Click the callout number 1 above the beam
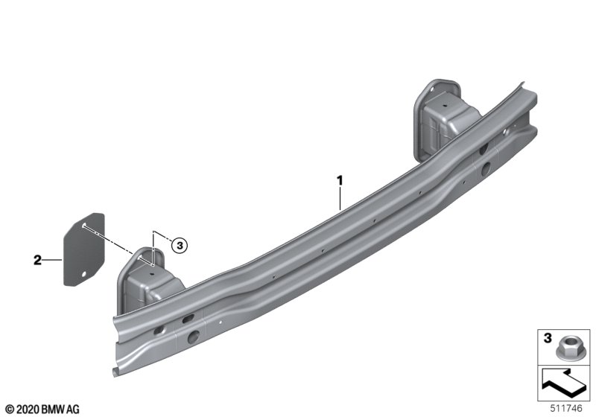(340, 180)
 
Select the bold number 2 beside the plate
(37, 260)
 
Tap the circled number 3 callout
(180, 245)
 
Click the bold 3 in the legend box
(548, 338)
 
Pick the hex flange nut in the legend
(565, 348)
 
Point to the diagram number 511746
(566, 408)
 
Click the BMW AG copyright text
(42, 410)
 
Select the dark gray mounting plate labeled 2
(83, 249)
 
